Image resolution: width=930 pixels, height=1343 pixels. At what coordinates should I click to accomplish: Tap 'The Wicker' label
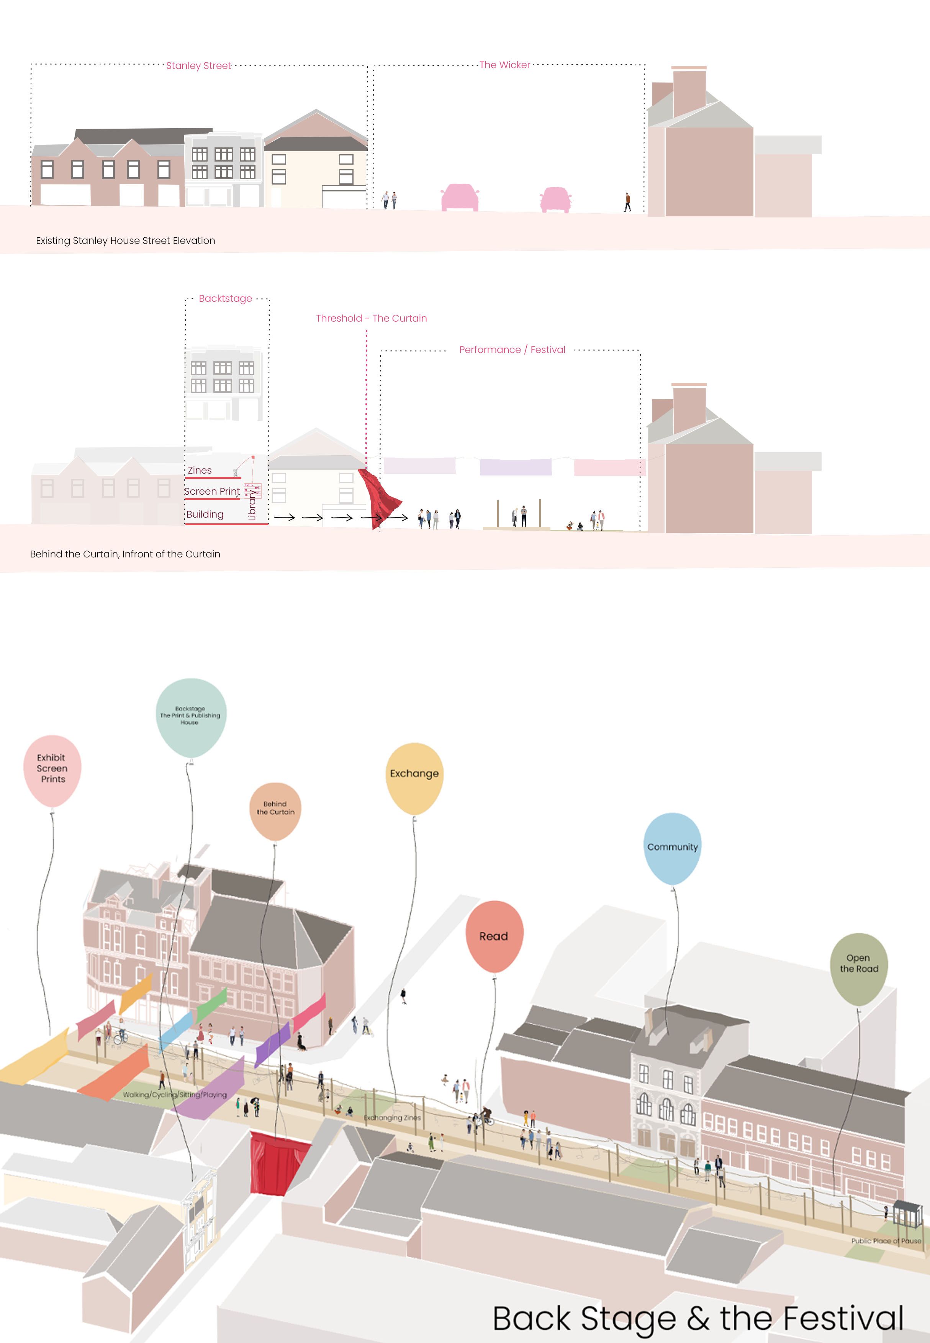[504, 65]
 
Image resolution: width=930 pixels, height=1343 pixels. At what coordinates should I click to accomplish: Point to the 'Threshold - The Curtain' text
[371, 319]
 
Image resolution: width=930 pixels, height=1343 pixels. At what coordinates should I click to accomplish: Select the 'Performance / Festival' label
[512, 350]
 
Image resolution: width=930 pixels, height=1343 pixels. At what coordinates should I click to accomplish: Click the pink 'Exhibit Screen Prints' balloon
[52, 770]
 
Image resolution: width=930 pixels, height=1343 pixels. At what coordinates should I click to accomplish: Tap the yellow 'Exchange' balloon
[414, 778]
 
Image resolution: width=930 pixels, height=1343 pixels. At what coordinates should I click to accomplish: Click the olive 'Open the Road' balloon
[858, 968]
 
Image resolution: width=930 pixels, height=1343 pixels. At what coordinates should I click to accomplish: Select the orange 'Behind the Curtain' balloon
[275, 811]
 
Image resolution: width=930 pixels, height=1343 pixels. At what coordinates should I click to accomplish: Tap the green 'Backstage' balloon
[190, 716]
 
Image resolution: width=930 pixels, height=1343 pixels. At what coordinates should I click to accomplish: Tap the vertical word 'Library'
[252, 504]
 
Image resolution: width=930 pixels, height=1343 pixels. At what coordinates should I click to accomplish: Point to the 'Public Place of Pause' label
[886, 1241]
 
